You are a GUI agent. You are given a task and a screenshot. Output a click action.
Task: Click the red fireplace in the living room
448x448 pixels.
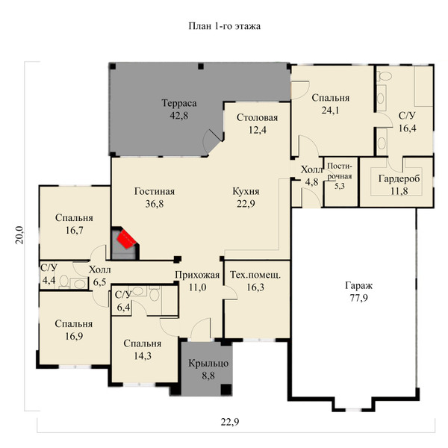coord(127,239)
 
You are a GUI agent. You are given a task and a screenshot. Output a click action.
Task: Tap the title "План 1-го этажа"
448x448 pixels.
coord(224,26)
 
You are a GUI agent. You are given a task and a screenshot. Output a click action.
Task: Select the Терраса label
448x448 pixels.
coord(179,103)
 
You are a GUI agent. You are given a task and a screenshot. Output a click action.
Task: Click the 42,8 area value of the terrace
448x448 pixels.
coord(179,116)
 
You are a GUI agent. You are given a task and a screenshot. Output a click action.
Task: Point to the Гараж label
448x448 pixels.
coord(359,285)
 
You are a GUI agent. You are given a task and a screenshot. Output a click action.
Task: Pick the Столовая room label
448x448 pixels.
coord(257,117)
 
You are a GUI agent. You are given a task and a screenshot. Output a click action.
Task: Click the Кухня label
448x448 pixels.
coord(246,191)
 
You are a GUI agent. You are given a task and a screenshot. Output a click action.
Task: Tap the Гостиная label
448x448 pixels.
coord(155,191)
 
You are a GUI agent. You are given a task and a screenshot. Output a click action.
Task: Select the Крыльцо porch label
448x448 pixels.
coord(208,364)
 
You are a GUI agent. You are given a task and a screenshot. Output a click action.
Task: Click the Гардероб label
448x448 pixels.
coord(399,179)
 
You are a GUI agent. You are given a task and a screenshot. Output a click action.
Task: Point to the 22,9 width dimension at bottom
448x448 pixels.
coord(230,422)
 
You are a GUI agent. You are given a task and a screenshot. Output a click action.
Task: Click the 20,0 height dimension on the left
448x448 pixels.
coord(19,235)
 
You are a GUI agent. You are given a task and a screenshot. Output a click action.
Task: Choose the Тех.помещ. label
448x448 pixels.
coord(255,275)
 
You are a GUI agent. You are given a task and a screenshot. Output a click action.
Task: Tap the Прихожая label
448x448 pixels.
coord(197,275)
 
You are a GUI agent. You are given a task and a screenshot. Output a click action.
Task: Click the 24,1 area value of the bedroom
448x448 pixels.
coord(330,111)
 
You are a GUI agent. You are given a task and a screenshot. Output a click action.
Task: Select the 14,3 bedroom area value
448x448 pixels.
coord(143,355)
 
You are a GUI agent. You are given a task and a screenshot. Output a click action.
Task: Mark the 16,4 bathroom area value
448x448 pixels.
coord(408,128)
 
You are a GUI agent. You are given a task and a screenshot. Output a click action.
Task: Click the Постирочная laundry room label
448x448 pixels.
coord(340,171)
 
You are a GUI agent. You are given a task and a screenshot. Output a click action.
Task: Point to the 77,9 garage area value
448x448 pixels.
coord(359,298)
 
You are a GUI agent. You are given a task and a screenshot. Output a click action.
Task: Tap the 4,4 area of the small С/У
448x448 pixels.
coord(49,280)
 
